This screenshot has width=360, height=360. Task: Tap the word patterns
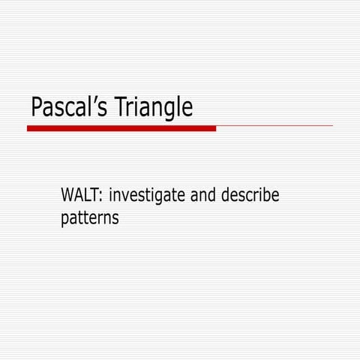click(x=89, y=220)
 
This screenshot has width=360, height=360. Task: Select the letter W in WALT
click(x=67, y=196)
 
